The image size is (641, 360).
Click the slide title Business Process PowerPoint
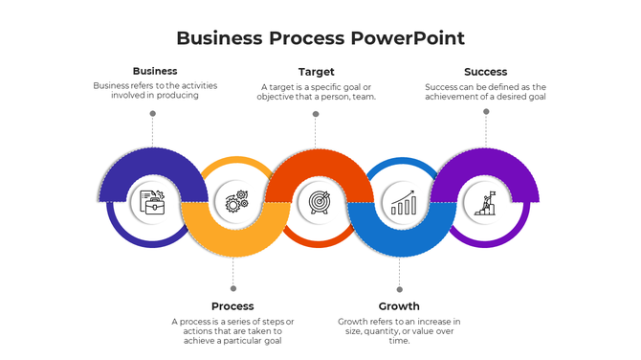320,38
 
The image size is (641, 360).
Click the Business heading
154,71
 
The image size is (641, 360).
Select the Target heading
316,72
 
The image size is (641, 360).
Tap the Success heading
485,72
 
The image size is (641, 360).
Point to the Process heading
232,306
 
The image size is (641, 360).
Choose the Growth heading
399,306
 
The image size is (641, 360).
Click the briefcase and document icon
152,202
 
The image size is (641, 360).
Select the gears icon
235,201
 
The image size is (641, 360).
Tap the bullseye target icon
319,202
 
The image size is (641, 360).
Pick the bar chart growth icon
402,202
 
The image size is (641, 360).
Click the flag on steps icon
484,202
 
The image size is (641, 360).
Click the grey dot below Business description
152,113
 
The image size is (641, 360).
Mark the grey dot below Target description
315,114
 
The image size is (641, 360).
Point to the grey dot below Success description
486,111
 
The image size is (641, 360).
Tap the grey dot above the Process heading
232,288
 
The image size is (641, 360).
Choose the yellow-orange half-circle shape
235,235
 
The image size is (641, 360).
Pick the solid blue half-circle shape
402,236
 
